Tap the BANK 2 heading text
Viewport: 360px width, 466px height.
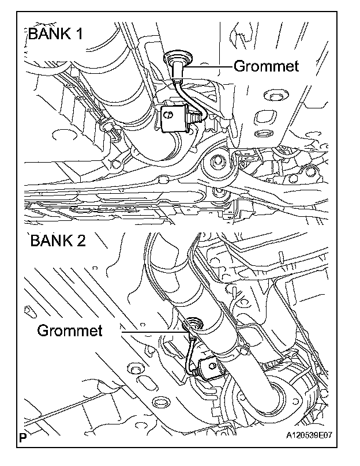[x=57, y=240]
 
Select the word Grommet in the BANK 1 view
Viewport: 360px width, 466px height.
[x=266, y=66]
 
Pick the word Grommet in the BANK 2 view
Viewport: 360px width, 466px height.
[x=70, y=330]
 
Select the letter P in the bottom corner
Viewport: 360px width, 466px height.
[x=22, y=437]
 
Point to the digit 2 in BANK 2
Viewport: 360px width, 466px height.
[x=80, y=240]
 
